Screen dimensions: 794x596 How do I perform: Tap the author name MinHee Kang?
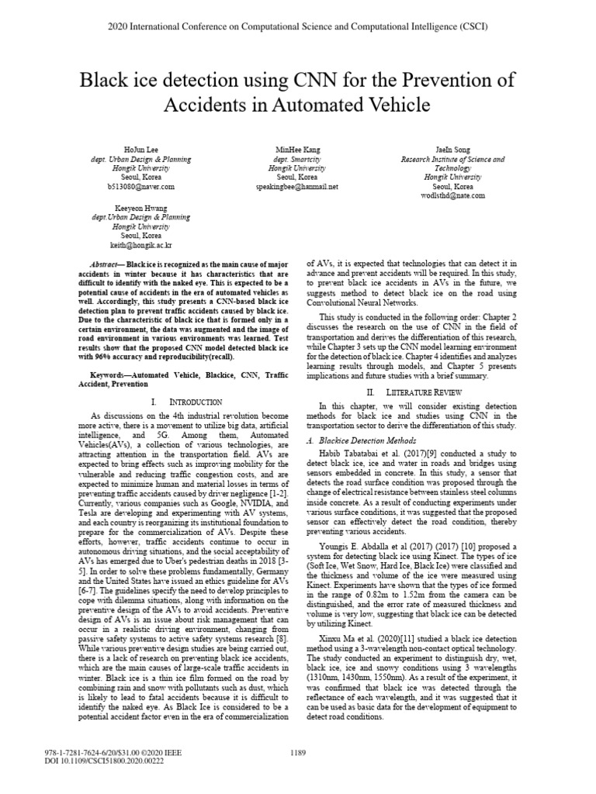point(297,148)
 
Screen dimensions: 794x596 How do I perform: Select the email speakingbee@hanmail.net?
point(297,187)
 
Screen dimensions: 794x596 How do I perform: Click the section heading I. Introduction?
point(187,402)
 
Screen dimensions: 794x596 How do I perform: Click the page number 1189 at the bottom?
point(298,752)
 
